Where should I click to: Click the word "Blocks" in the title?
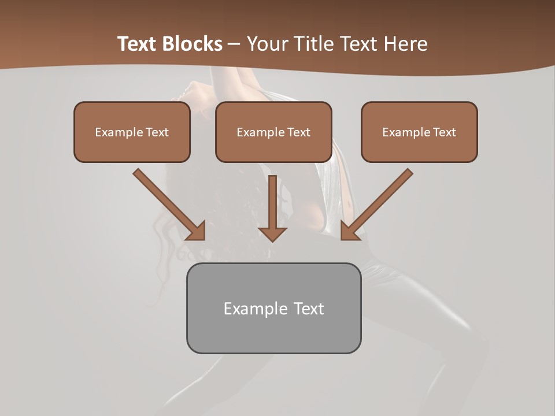pyautogui.click(x=193, y=44)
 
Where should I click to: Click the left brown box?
pyautogui.click(x=132, y=132)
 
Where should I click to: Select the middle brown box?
pyautogui.click(x=273, y=132)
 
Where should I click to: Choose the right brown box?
pyautogui.click(x=419, y=132)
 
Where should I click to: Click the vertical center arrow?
pyautogui.click(x=272, y=202)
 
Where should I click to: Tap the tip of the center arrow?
pyautogui.click(x=272, y=239)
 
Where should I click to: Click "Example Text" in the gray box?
pyautogui.click(x=273, y=309)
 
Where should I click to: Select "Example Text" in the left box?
pyautogui.click(x=132, y=132)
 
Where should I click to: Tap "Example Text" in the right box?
pyautogui.click(x=419, y=132)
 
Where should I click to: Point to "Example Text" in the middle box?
pyautogui.click(x=273, y=132)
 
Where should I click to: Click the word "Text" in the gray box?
pyautogui.click(x=309, y=309)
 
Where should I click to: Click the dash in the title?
pyautogui.click(x=235, y=44)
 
